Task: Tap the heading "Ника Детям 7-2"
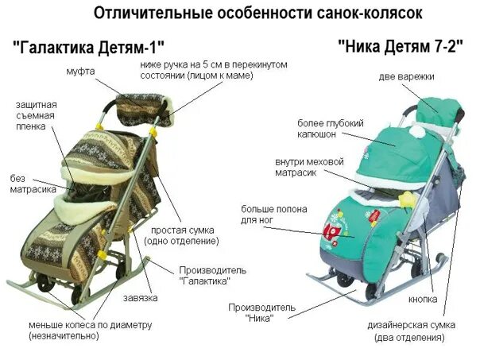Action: tap(401, 45)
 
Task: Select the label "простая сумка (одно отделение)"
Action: tap(185, 235)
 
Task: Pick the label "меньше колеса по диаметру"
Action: tap(90, 331)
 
